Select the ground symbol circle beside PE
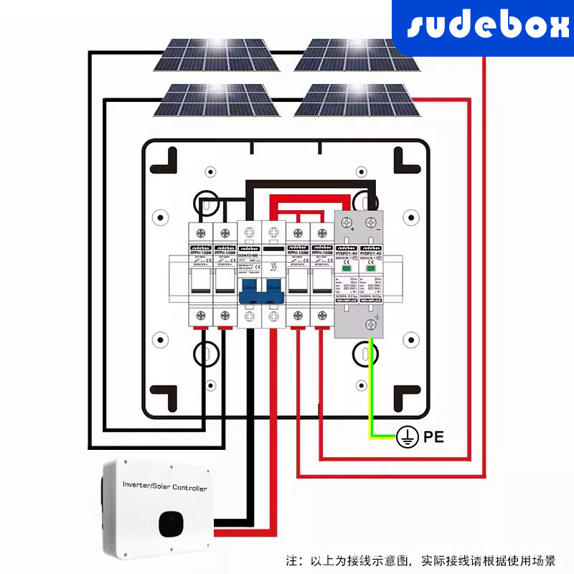406,436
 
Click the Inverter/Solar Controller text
164,488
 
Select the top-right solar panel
357,55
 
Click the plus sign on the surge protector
352,229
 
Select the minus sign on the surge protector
379,229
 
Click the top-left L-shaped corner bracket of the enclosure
166,159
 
